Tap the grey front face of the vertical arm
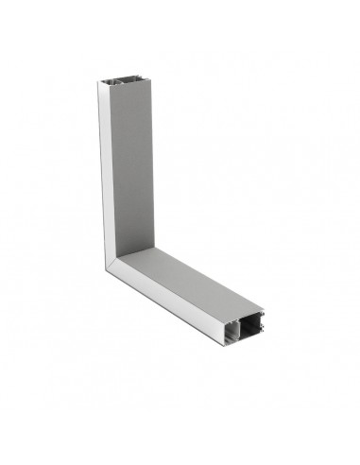132,170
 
